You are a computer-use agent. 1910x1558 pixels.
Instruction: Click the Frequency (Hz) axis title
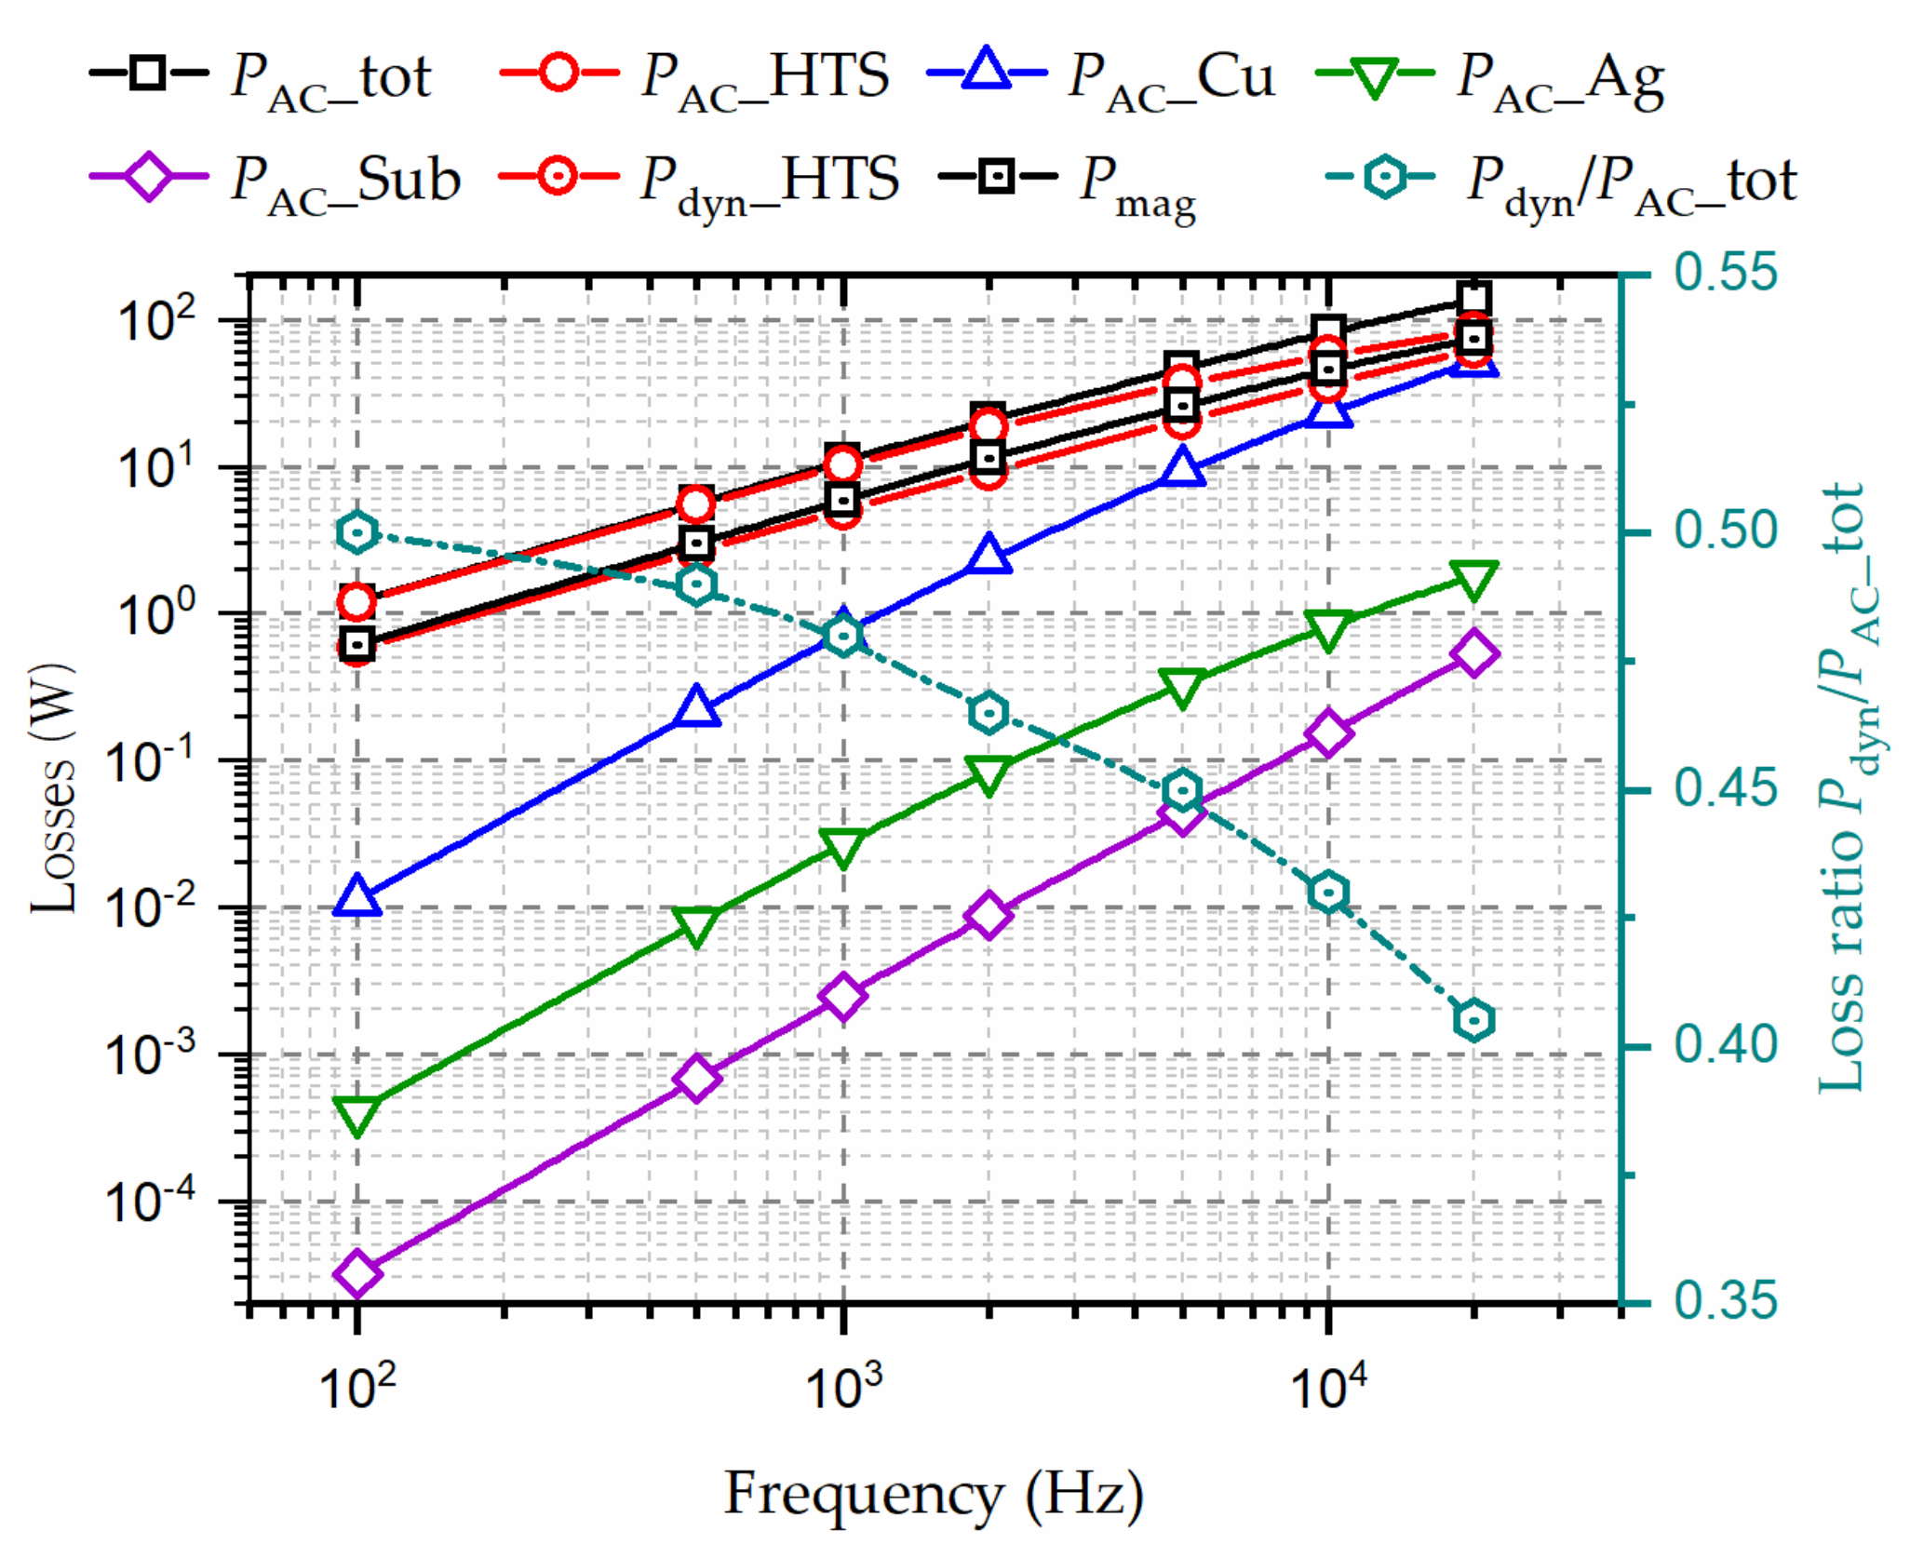click(934, 1496)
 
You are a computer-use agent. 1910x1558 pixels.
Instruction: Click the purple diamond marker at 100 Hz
click(357, 1272)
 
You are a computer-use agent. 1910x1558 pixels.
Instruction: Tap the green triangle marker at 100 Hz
click(357, 1114)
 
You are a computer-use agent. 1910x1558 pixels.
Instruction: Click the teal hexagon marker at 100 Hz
click(357, 533)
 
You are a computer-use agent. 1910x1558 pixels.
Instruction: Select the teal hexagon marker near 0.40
click(1474, 1020)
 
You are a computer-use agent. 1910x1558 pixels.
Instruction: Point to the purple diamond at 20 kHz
click(1474, 653)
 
